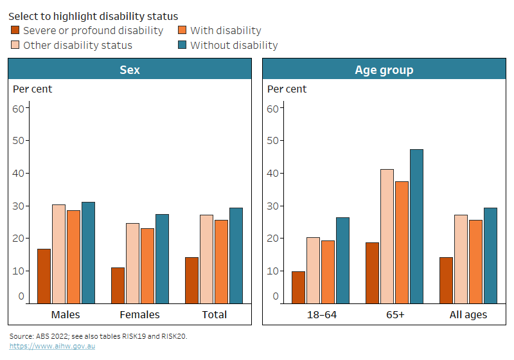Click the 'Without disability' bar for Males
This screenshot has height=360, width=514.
(x=88, y=253)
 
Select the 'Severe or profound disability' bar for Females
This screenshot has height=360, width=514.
(x=118, y=285)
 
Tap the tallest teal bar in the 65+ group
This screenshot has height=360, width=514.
(x=416, y=226)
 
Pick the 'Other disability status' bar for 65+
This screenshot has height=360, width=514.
(x=387, y=236)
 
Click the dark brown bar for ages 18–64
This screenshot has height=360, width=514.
(x=298, y=287)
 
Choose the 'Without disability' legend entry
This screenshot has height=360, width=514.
(x=234, y=45)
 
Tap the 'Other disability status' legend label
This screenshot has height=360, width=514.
(x=77, y=45)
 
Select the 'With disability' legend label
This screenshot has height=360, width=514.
(x=226, y=30)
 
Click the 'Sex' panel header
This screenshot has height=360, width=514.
(x=130, y=69)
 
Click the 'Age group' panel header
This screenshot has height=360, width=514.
(x=384, y=69)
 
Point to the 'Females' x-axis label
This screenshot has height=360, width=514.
(x=140, y=314)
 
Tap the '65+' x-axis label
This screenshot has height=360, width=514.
(x=394, y=314)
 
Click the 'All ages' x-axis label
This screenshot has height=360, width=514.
(x=468, y=314)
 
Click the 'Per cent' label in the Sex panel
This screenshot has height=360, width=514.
(x=33, y=89)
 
